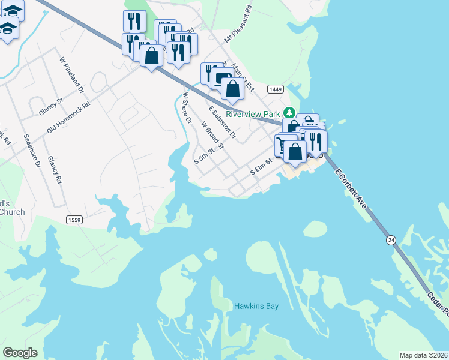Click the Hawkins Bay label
click(x=256, y=306)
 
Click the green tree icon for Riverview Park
click(x=289, y=112)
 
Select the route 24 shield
click(x=391, y=240)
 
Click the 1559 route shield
click(x=74, y=220)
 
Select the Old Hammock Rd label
click(x=68, y=118)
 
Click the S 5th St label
click(x=204, y=157)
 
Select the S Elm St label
click(x=261, y=167)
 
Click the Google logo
click(x=20, y=353)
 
